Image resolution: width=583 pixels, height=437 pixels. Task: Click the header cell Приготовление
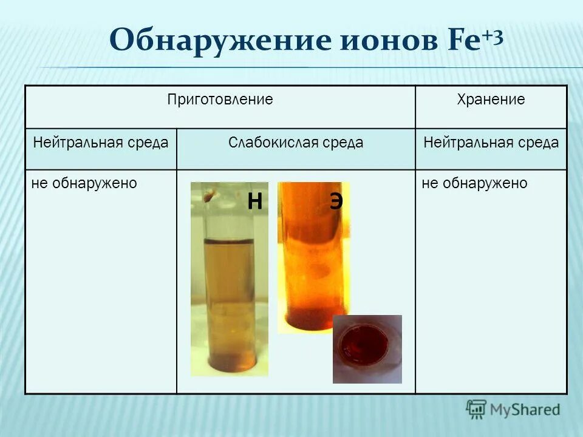pyautogui.click(x=220, y=100)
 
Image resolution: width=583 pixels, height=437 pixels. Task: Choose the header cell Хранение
pyautogui.click(x=491, y=100)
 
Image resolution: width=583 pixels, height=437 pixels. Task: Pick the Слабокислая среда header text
pyautogui.click(x=296, y=143)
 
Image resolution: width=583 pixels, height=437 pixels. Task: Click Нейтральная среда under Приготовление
pyautogui.click(x=101, y=143)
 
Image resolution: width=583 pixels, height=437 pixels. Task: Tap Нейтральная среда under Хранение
pyautogui.click(x=491, y=143)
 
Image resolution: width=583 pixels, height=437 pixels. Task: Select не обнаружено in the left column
pyautogui.click(x=84, y=183)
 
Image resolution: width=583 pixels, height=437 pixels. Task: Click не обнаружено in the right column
pyautogui.click(x=474, y=183)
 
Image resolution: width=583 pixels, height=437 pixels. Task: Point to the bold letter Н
pyautogui.click(x=254, y=202)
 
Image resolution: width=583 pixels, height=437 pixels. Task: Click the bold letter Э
pyautogui.click(x=336, y=202)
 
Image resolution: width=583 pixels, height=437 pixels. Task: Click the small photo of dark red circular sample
pyautogui.click(x=367, y=349)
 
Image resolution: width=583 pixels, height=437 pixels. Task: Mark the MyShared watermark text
pyautogui.click(x=525, y=409)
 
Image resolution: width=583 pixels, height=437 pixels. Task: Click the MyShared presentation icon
pyautogui.click(x=477, y=409)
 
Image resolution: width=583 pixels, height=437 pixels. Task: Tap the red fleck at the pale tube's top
pyautogui.click(x=210, y=195)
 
